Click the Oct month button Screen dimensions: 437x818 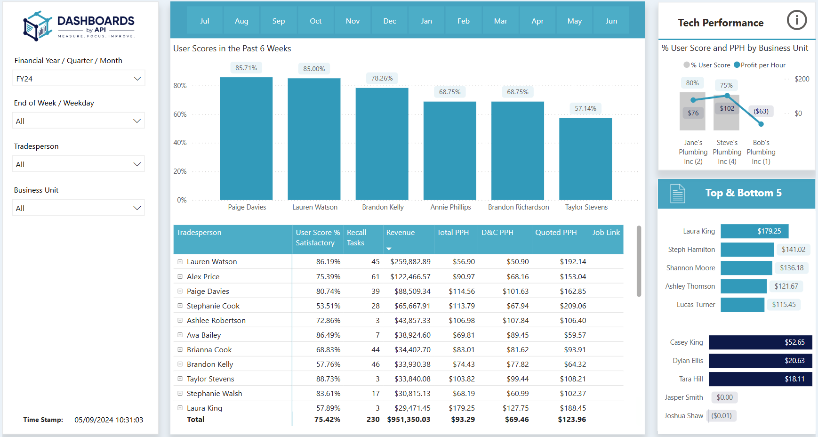(315, 21)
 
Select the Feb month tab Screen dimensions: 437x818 (463, 21)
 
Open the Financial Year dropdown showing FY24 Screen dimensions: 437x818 (78, 79)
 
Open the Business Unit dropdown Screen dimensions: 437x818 (78, 208)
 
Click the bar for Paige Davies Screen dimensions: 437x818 (246, 139)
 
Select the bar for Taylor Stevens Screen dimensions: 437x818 (585, 159)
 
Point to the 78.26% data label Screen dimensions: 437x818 (382, 78)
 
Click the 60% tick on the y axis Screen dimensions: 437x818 (180, 114)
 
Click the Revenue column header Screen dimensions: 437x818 (401, 233)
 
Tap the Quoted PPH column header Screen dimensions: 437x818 (556, 233)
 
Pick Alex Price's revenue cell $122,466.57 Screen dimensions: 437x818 (410, 277)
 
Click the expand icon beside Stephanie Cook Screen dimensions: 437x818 (180, 306)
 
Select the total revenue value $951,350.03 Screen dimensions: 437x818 (409, 420)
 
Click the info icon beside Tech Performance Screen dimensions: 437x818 (797, 20)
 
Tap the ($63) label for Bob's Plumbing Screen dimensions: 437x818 (761, 111)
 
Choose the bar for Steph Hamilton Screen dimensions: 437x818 (747, 250)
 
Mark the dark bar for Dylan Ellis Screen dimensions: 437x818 (760, 361)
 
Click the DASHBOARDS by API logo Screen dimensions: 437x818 (79, 26)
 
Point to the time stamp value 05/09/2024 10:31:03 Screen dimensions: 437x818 (109, 420)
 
